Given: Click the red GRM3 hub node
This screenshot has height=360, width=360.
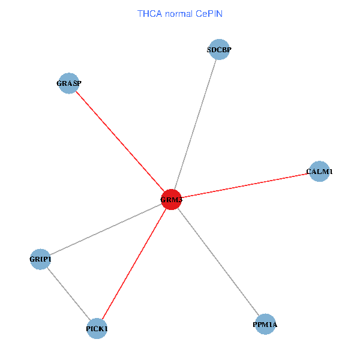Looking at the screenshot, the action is coord(171,200).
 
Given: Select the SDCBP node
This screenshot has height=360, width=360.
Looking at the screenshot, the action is coord(219,49).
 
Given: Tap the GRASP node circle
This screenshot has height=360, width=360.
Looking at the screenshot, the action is coord(68,83).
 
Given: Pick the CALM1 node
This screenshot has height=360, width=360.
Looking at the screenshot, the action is coord(319,171).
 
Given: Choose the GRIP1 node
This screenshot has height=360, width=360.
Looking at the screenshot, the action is coord(40,259).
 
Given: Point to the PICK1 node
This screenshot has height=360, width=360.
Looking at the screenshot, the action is coord(97,329).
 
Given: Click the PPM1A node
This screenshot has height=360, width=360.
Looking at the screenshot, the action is coord(265,324).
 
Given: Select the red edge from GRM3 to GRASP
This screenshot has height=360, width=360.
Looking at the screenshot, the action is coord(120,142).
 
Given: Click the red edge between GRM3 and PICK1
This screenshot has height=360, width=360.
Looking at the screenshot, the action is coord(134,264).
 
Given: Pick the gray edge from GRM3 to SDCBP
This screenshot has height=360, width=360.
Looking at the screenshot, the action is coord(196,124).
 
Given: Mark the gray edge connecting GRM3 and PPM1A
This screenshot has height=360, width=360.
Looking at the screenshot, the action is coord(218,262).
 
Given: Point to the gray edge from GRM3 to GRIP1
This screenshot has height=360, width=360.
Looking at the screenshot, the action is coord(106,229).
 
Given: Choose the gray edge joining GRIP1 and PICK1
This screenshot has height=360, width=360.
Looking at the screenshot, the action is coord(68,294).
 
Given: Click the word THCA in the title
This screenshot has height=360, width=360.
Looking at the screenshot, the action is coord(149,14).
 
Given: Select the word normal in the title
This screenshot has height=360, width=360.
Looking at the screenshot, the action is coord(179,14).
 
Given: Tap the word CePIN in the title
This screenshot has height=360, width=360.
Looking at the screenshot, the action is coord(209,14).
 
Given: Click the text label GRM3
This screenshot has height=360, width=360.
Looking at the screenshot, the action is coord(171,200).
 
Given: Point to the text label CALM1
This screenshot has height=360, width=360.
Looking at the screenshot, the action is coord(319,172).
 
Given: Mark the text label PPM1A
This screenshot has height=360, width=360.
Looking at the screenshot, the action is coord(265,325).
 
